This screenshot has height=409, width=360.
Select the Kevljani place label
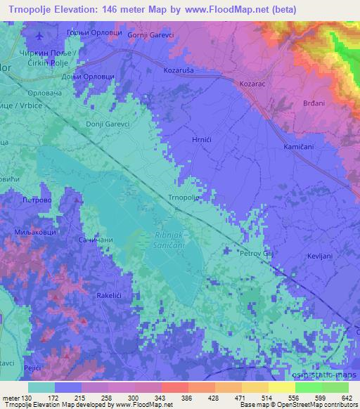pos(320,257)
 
